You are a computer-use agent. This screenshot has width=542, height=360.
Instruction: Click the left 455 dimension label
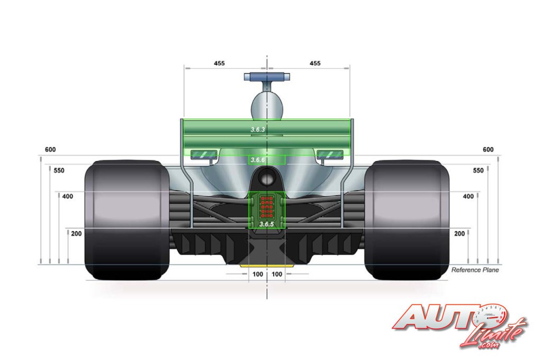[x=219, y=64]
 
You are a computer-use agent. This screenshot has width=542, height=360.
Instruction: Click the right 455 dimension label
[x=315, y=64]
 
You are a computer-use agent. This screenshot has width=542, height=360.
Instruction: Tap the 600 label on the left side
[x=50, y=150]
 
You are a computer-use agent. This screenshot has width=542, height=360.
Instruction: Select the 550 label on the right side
[x=478, y=170]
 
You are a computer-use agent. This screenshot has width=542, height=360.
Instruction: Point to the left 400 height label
[x=68, y=196]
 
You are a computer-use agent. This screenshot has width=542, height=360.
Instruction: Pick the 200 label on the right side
[x=459, y=234]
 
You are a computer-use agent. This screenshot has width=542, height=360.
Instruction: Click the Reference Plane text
[x=475, y=270]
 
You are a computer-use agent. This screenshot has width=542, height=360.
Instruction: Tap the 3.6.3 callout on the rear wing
[x=258, y=130]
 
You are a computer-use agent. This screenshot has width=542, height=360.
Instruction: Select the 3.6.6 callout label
[x=258, y=160]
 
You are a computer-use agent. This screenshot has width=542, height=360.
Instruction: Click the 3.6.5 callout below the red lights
[x=267, y=224]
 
